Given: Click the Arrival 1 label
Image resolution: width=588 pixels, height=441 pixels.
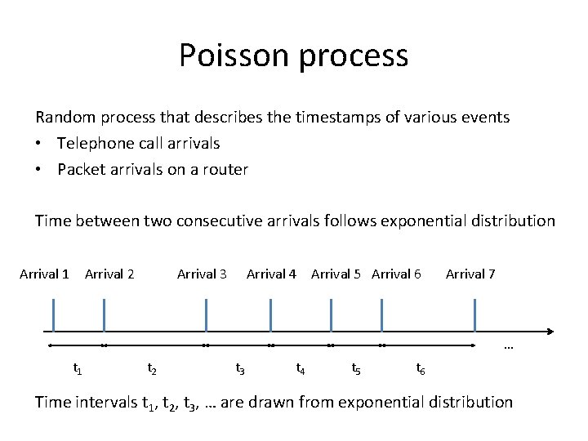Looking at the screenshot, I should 44,274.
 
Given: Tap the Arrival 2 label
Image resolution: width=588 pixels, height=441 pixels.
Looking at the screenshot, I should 109,274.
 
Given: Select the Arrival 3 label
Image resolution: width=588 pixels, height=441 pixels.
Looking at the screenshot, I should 202,274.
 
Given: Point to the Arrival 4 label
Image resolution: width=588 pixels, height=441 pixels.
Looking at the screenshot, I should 271,274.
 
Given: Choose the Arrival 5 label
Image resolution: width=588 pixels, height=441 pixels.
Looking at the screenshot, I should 336,274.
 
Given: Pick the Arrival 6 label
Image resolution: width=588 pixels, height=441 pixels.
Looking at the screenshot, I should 396,274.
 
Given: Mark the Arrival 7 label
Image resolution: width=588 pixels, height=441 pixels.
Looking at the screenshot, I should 470,274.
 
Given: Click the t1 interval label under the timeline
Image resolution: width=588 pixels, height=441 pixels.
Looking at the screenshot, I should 78,368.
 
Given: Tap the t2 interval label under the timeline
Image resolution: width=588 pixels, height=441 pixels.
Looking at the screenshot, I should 152,368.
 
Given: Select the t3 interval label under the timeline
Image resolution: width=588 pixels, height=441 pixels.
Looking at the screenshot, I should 240,368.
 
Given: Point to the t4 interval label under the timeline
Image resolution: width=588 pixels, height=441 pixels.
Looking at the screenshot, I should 301,368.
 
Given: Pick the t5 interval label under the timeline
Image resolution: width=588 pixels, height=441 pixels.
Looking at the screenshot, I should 356,368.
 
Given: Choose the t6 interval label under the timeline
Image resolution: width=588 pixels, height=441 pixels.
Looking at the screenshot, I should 420,368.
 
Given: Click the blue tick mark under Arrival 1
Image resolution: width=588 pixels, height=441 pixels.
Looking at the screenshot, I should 53,315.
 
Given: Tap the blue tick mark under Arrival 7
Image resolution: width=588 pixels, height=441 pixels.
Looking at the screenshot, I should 474,315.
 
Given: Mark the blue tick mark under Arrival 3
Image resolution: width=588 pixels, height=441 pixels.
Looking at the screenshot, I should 206,315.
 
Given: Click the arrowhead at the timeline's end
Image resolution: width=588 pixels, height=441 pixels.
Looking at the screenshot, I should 550,332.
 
